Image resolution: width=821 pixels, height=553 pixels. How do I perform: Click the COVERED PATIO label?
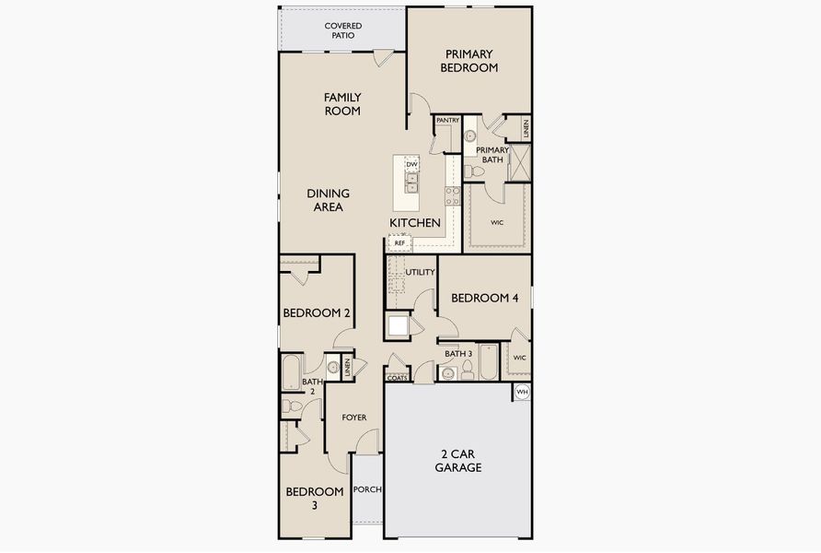coord(342,30)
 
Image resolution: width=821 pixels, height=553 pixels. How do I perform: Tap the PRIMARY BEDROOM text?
coord(468,61)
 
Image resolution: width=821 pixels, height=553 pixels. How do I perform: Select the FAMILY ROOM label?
coord(341,104)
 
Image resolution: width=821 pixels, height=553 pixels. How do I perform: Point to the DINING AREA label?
coord(328,200)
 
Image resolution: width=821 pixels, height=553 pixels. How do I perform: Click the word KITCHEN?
coord(414,223)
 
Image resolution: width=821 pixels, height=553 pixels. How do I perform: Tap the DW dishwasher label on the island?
coord(411,165)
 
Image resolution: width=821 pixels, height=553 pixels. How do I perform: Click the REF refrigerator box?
coord(399,242)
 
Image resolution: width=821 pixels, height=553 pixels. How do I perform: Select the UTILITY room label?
coord(420,272)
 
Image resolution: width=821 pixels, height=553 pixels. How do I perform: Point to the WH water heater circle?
coord(522,392)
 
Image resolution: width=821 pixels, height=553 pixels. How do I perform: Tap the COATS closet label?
coord(397,377)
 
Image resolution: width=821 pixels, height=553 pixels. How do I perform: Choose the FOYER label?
coord(353,418)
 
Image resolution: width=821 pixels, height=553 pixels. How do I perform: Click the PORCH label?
coord(367,489)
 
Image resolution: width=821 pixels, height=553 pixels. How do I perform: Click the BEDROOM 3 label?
coord(314,498)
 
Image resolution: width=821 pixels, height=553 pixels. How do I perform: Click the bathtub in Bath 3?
coord(487,363)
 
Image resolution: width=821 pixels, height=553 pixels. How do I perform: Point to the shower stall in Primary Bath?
coord(519,163)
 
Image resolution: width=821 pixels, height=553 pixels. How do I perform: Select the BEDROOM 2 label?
coord(316,313)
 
